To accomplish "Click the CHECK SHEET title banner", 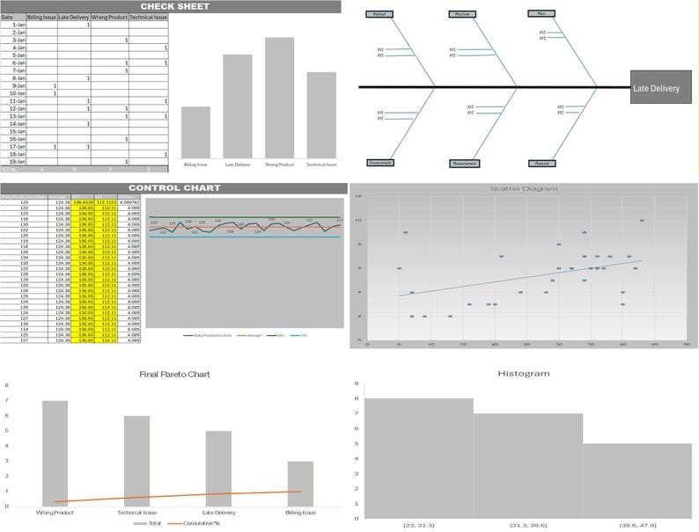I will pos(171,6).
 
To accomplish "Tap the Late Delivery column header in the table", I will pos(74,17).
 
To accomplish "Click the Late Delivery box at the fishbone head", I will pos(660,88).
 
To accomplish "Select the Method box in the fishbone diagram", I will pos(379,14).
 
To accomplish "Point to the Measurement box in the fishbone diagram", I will pos(466,163).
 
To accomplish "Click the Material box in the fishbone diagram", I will pos(541,163).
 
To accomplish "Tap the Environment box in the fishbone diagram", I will pos(379,163).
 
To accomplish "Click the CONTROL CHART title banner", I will pos(171,187).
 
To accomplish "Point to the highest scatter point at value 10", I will pos(642,221).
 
